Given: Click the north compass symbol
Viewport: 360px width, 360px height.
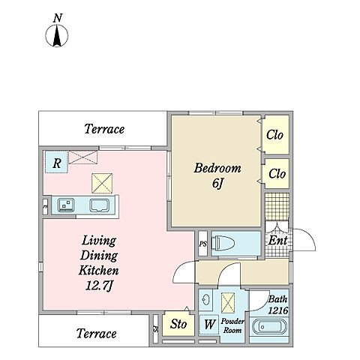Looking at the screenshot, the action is (57, 35).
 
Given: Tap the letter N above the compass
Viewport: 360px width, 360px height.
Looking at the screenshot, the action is (58, 18).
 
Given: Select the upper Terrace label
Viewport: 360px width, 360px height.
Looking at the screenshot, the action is (104, 129).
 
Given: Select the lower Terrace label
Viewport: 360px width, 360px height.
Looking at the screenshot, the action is (97, 333).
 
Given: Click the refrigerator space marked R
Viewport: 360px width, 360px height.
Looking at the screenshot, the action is (56, 162).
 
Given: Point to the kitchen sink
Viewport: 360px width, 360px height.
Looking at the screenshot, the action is (100, 205).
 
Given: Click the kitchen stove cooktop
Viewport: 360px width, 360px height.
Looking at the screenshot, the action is (66, 205).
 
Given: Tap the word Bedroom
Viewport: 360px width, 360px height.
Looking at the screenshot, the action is (217, 168).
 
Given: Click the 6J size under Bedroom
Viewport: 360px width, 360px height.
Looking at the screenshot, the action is (217, 184).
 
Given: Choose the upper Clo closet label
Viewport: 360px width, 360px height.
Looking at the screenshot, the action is (274, 135).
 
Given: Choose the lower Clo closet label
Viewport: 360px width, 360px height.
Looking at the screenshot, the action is (277, 173).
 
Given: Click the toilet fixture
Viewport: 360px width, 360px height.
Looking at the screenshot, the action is (223, 243).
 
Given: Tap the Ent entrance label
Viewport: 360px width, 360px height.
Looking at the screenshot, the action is (277, 241).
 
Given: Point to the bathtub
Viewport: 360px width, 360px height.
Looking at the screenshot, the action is (269, 327).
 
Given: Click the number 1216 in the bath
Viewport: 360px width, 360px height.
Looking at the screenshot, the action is (278, 310).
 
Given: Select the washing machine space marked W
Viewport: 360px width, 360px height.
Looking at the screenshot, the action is (209, 325).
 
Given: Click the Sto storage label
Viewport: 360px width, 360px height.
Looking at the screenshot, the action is (178, 324).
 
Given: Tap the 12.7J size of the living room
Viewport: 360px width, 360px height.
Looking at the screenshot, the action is (100, 286).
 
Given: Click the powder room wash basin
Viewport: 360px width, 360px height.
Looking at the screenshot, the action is (206, 299).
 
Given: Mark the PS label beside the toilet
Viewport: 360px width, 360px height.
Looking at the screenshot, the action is (202, 244).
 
